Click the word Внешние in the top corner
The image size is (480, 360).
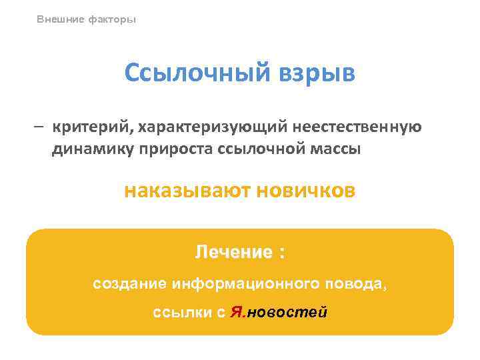pos(59,19)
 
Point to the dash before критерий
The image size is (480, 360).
pos(41,127)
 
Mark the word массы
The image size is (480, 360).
pos(335,149)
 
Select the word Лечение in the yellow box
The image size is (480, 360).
pos(233,252)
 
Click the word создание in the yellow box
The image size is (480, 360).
pos(129,283)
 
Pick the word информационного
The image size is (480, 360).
pos(246,283)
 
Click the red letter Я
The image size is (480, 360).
pos(236,312)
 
